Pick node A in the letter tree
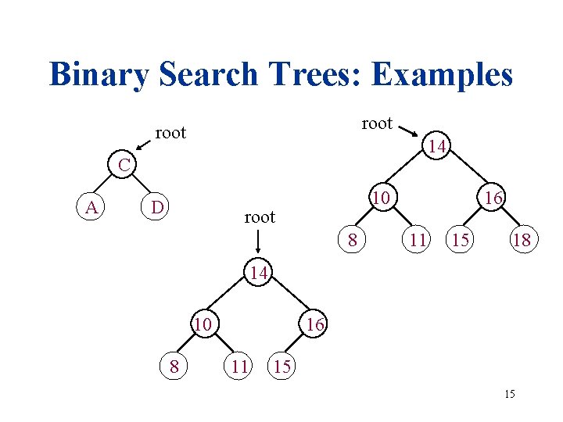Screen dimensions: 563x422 [92, 207]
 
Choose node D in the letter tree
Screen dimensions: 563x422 [157, 207]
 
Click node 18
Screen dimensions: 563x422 [521, 240]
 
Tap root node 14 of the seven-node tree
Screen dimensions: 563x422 [439, 146]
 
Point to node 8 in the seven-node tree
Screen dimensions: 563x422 [353, 240]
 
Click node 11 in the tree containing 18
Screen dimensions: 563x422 [418, 240]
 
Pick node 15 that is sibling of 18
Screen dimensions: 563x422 [461, 240]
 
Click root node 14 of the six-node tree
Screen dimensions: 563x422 [260, 273]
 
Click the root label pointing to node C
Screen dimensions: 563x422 [170, 133]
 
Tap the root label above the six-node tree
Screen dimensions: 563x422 [260, 217]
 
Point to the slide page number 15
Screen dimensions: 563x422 [510, 394]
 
